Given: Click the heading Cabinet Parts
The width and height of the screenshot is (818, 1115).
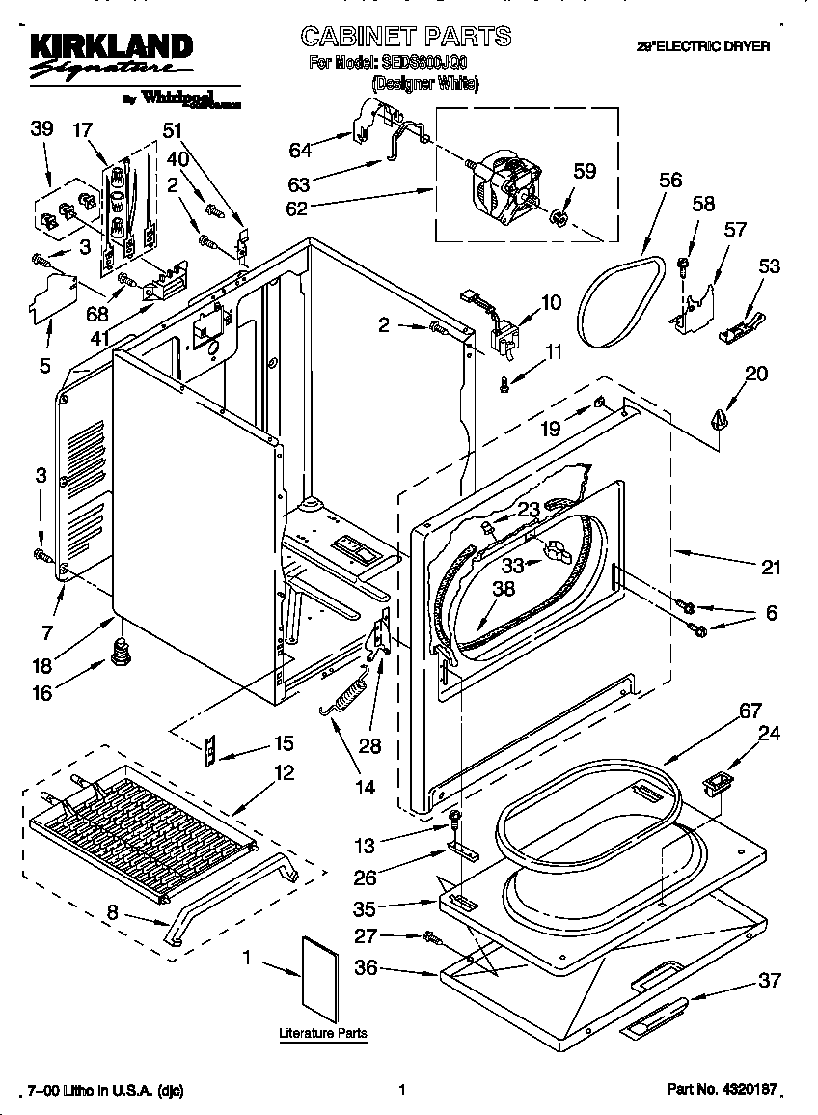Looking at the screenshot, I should pyautogui.click(x=406, y=37).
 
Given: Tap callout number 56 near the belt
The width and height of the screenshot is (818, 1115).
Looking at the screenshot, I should pyautogui.click(x=670, y=181).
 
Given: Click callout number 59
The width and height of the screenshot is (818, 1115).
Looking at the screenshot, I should pyautogui.click(x=585, y=172).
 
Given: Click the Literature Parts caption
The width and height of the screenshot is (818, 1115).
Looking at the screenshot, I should pyautogui.click(x=323, y=1034).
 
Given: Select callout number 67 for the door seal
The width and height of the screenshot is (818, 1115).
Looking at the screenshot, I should pyautogui.click(x=751, y=711).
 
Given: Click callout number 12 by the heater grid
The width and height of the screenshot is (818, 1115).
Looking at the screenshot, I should pyautogui.click(x=284, y=773).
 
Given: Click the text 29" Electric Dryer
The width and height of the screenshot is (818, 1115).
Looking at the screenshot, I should pyautogui.click(x=702, y=45).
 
